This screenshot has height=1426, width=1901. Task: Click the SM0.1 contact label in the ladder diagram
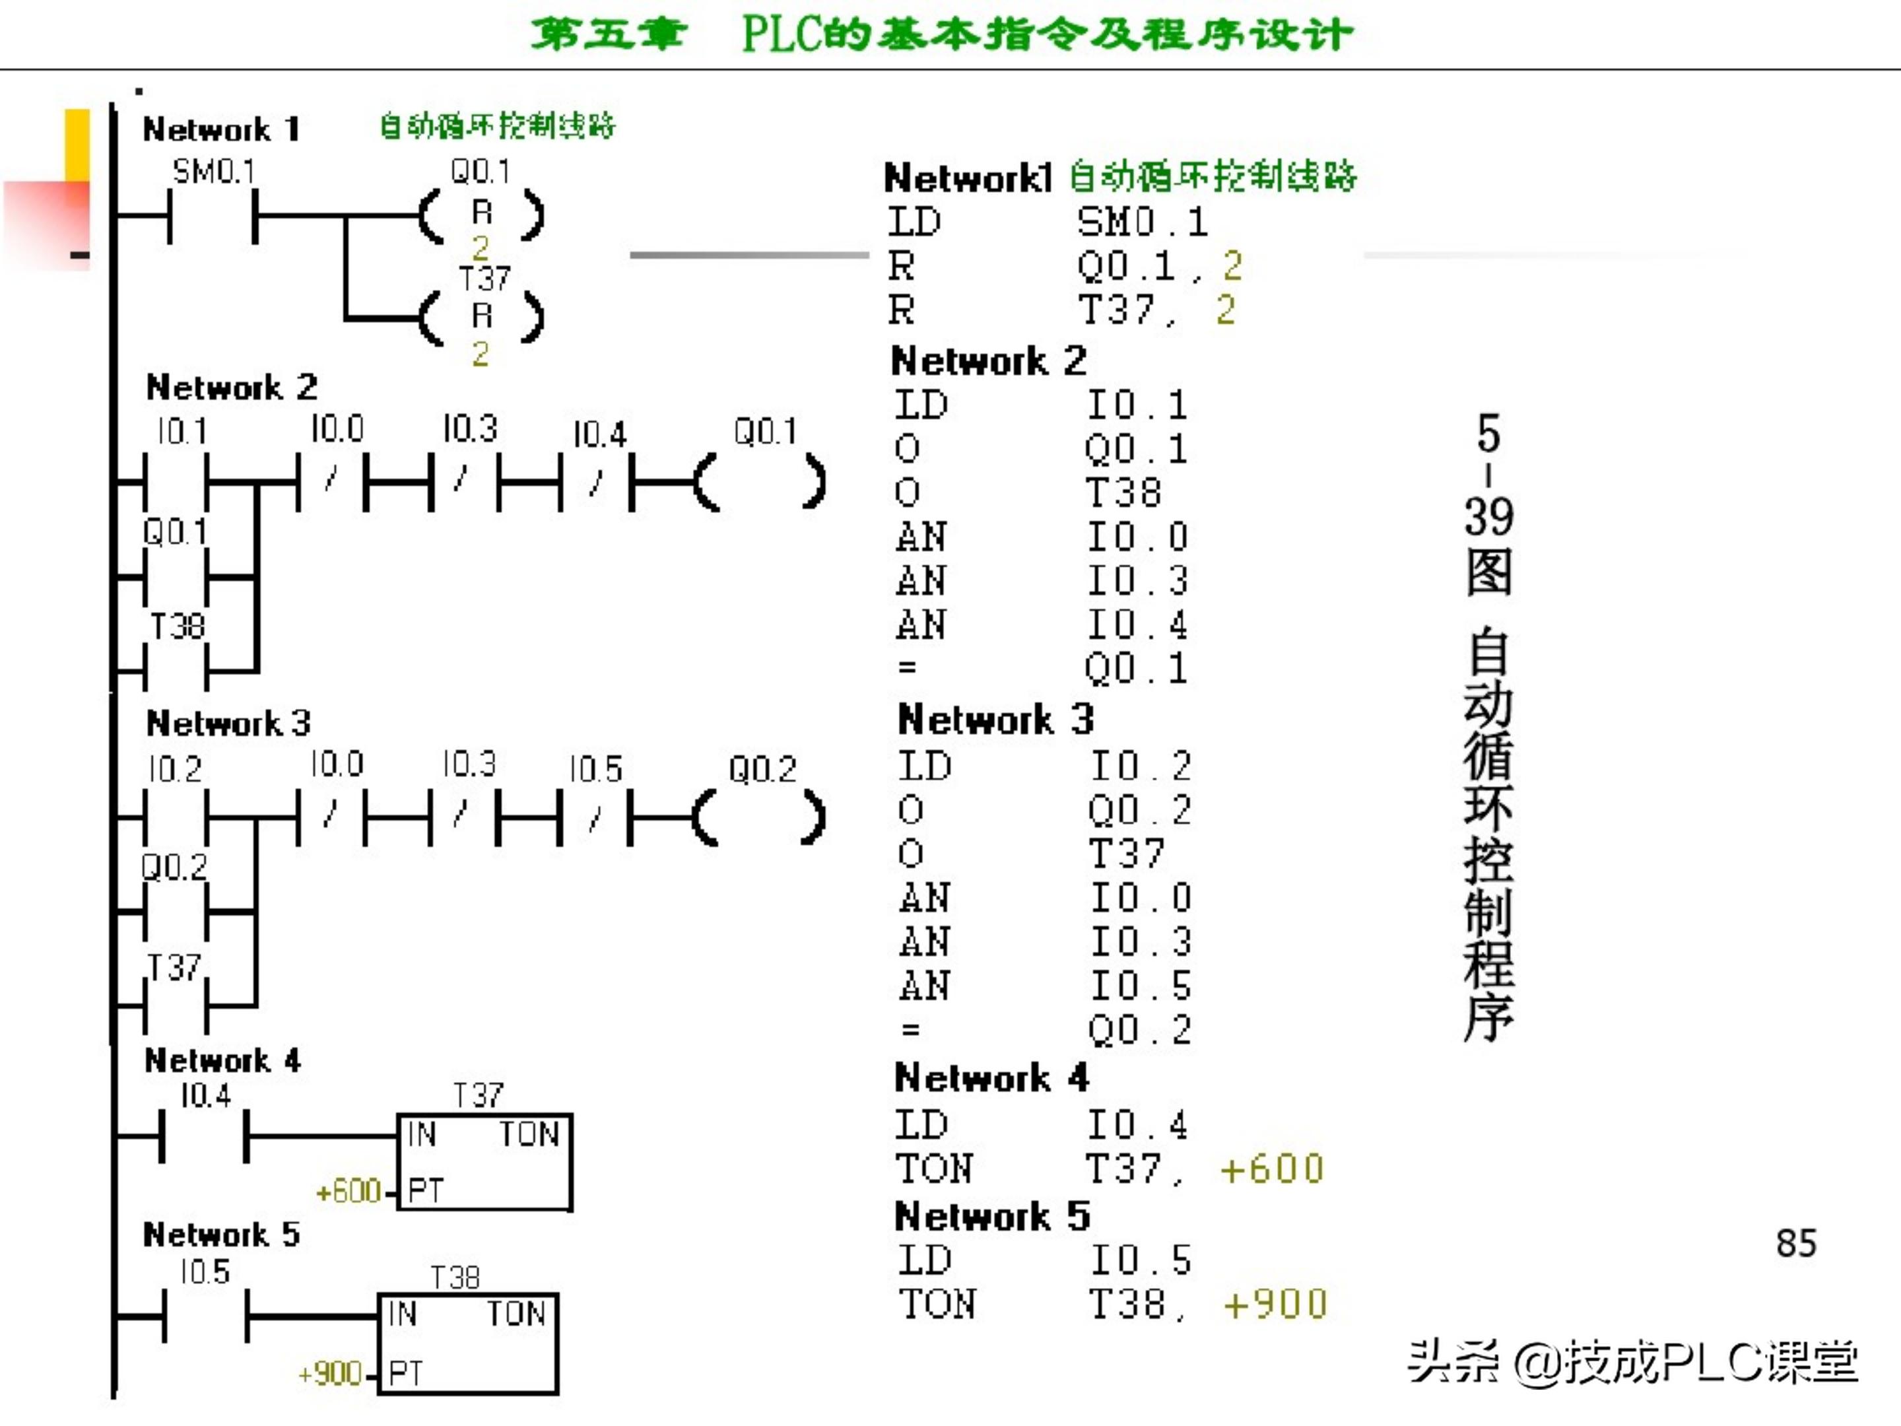click(x=214, y=172)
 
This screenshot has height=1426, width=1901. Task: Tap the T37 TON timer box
click(x=484, y=1161)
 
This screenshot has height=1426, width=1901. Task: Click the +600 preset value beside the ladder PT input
click(x=348, y=1192)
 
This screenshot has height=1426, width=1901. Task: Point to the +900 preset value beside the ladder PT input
click(x=329, y=1374)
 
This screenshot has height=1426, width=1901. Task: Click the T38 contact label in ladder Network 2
click(x=177, y=627)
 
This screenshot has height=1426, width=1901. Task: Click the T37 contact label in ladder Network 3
click(x=174, y=968)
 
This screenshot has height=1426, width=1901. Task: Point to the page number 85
click(x=1796, y=1244)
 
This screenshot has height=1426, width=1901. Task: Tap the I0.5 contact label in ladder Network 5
click(x=205, y=1272)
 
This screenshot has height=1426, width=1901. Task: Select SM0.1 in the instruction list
click(x=1142, y=222)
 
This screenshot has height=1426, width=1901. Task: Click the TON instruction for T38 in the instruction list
click(x=937, y=1305)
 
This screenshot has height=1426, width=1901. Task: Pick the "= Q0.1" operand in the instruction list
click(x=1136, y=669)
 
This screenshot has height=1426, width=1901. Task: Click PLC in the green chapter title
click(x=782, y=34)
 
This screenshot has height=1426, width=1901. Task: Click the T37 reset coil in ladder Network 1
click(x=481, y=316)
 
